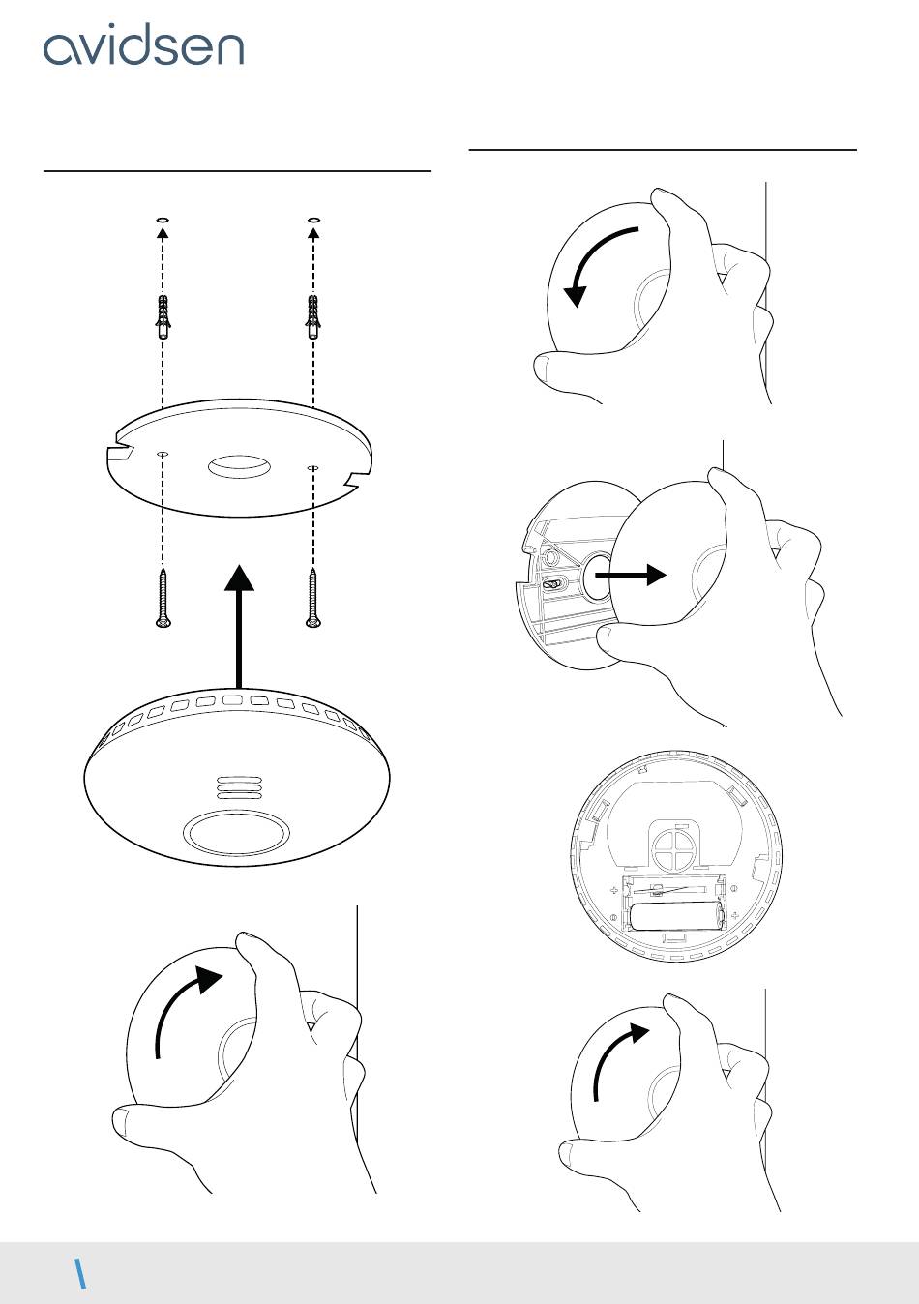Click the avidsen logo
[143, 47]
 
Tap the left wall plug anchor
[163, 315]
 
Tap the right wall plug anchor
[312, 315]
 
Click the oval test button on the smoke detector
[237, 831]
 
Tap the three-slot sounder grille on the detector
[238, 786]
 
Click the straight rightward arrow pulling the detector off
[630, 575]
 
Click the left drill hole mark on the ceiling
[163, 221]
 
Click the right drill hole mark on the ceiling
[312, 221]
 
